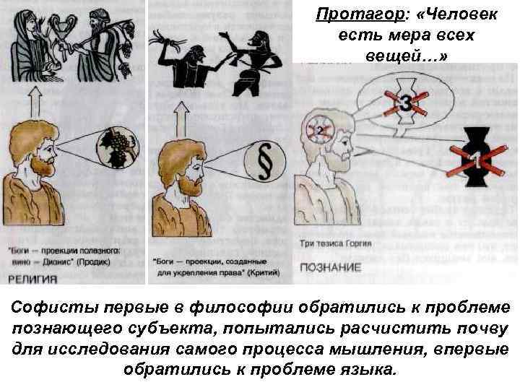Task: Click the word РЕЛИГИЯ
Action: tap(32, 277)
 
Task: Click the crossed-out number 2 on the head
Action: tap(318, 130)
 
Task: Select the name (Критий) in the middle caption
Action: tap(251, 272)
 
